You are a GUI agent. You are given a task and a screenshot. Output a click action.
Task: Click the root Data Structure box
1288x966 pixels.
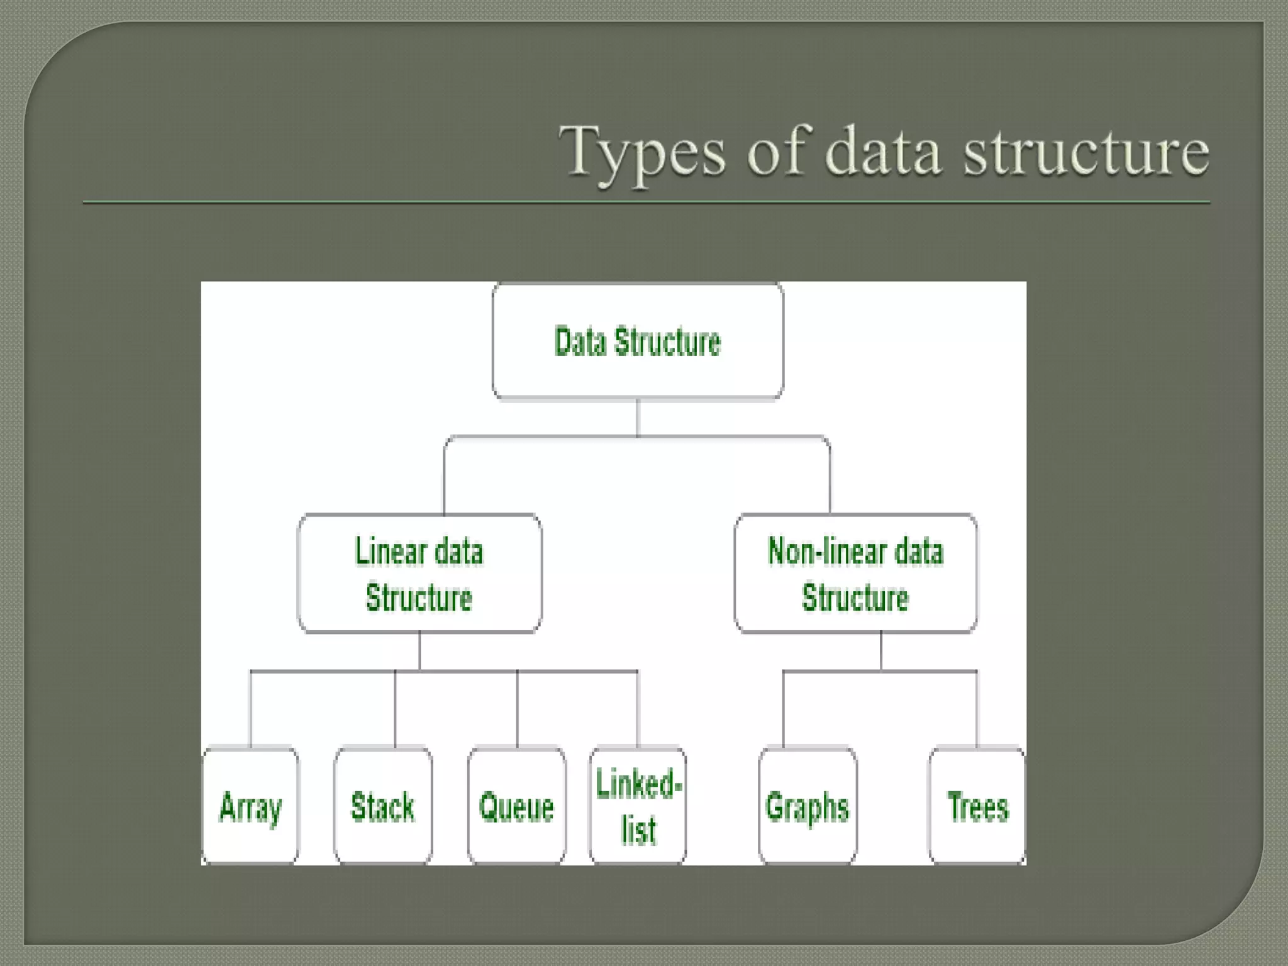pos(638,341)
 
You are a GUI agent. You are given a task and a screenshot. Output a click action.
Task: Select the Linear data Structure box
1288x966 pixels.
pos(419,573)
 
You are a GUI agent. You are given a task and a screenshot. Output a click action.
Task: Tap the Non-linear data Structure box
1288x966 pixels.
pos(855,573)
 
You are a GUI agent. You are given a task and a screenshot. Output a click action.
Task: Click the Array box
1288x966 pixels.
pos(250,806)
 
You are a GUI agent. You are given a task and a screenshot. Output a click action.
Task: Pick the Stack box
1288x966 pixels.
pos(383,806)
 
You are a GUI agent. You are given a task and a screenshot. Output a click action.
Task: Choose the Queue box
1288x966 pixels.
pos(516,806)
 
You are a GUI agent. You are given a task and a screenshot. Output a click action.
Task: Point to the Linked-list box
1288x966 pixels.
pos(638,806)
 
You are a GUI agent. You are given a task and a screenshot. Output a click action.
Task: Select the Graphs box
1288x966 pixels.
pos(808,806)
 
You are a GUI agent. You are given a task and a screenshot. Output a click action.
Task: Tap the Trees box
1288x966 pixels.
pos(977,806)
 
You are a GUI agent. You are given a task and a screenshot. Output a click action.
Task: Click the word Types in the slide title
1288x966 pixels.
pos(642,152)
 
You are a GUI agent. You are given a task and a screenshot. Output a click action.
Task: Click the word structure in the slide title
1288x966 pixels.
pos(1086,152)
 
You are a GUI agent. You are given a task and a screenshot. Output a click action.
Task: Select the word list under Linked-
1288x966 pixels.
pos(639,830)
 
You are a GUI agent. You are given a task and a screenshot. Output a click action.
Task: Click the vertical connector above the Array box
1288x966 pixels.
pos(250,709)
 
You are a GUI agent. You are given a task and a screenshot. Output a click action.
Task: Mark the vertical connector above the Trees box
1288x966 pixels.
pos(977,709)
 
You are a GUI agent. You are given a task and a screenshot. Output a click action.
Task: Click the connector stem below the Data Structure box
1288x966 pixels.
pos(638,417)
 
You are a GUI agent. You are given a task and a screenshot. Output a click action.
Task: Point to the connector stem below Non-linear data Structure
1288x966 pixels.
pos(880,651)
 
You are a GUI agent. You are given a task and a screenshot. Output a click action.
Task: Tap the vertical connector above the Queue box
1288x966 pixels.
pos(517,709)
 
